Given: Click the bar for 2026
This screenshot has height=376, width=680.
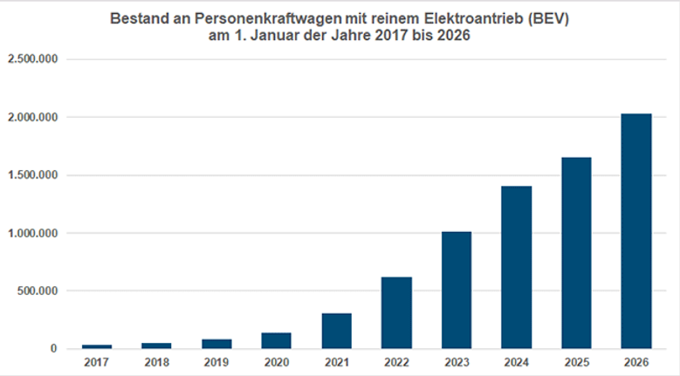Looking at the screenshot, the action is (x=636, y=231).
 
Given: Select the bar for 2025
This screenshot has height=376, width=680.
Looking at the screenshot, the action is (x=576, y=253).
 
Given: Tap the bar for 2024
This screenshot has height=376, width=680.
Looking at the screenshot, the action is (x=517, y=267).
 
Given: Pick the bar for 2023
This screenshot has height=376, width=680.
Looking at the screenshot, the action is (x=457, y=291).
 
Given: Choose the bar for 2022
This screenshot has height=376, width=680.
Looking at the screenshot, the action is (x=396, y=313).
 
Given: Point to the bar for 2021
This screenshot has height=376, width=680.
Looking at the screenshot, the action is (x=337, y=331).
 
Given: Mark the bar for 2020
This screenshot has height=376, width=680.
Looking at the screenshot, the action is (x=276, y=340).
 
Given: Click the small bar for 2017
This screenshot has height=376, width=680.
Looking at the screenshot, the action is (x=97, y=346).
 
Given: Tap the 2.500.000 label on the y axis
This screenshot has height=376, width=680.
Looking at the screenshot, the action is (x=32, y=59).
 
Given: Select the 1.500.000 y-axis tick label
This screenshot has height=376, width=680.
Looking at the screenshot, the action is (x=32, y=175).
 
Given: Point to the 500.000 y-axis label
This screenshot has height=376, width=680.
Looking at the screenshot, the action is (x=38, y=291).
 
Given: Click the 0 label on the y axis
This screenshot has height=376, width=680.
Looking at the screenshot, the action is (x=53, y=349).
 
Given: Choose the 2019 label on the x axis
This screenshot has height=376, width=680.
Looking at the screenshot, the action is (x=216, y=362).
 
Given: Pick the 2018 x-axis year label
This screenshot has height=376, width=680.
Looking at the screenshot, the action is (x=156, y=362).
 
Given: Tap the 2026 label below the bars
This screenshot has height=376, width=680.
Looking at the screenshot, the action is (x=636, y=362).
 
